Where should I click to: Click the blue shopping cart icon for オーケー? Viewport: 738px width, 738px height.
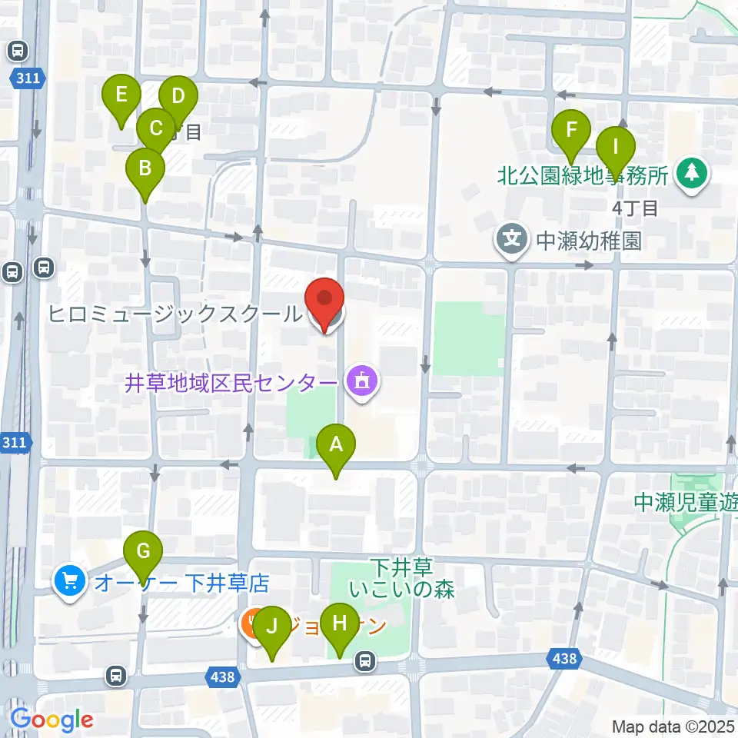tap(71, 580)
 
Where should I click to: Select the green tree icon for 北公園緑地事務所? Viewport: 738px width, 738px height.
tap(693, 174)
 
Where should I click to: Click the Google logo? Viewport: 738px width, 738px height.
tap(52, 720)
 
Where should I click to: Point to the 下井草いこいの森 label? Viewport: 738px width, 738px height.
tap(402, 579)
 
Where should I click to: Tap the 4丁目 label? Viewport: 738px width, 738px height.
tap(635, 208)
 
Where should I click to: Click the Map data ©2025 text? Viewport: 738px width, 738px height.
tap(673, 726)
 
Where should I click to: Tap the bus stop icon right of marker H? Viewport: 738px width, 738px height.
tap(366, 660)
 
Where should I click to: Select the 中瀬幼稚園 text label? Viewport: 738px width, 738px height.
tap(588, 241)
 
